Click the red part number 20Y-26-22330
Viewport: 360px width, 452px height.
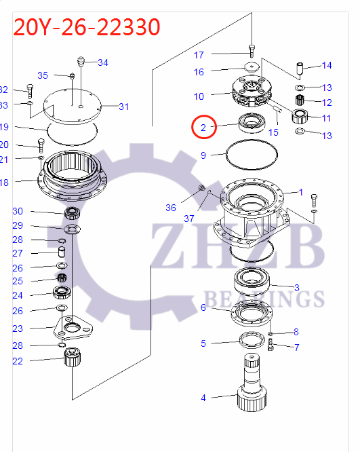pos(87,26)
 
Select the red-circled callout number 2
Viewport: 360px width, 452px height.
pos(202,126)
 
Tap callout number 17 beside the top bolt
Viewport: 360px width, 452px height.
pos(199,54)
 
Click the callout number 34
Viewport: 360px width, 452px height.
pos(102,63)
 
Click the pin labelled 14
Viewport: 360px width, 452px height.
pos(299,69)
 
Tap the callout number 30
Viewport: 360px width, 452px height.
pos(18,211)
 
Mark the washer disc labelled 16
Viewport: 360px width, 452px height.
pos(252,67)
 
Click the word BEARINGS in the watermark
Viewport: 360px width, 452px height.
pos(264,298)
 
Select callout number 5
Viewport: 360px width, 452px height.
pos(203,343)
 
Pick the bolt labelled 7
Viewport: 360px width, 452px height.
pos(272,346)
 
